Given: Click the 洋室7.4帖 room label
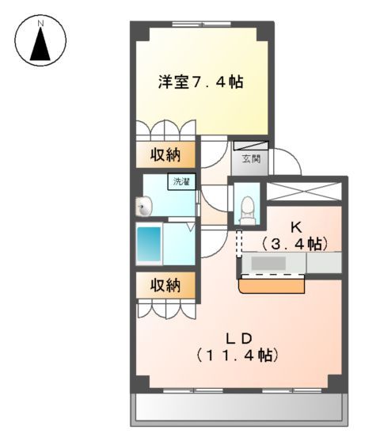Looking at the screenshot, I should [199, 81].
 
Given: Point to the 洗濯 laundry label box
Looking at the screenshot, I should [180, 182].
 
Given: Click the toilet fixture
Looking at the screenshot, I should [247, 208].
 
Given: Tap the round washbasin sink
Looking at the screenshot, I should [143, 207].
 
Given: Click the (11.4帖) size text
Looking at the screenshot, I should [237, 356].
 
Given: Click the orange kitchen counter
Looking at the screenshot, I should [274, 283].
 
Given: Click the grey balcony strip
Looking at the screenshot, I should [237, 408].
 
